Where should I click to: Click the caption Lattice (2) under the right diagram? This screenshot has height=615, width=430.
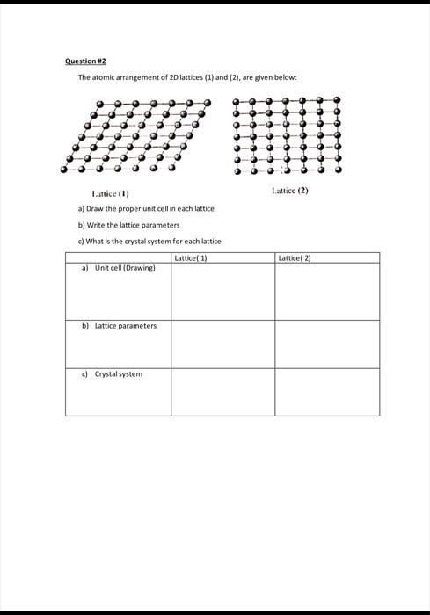coord(290,189)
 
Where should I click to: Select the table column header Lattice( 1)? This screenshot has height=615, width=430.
coord(191,258)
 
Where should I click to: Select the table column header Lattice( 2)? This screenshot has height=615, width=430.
coord(295,258)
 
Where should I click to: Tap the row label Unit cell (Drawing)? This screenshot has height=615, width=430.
coord(124,268)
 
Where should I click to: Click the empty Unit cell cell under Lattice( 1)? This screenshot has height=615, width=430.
coord(222,292)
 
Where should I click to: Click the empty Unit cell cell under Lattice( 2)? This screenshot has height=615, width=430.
coord(327,292)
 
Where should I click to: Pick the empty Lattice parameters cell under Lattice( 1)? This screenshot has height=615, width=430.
coord(222,344)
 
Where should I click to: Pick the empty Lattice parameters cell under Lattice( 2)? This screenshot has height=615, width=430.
coord(327,344)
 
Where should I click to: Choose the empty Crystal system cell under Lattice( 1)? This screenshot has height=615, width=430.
coord(222,391)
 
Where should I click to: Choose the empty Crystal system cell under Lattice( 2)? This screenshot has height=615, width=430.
coord(327,391)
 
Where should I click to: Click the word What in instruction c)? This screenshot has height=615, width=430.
coord(93,241)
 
